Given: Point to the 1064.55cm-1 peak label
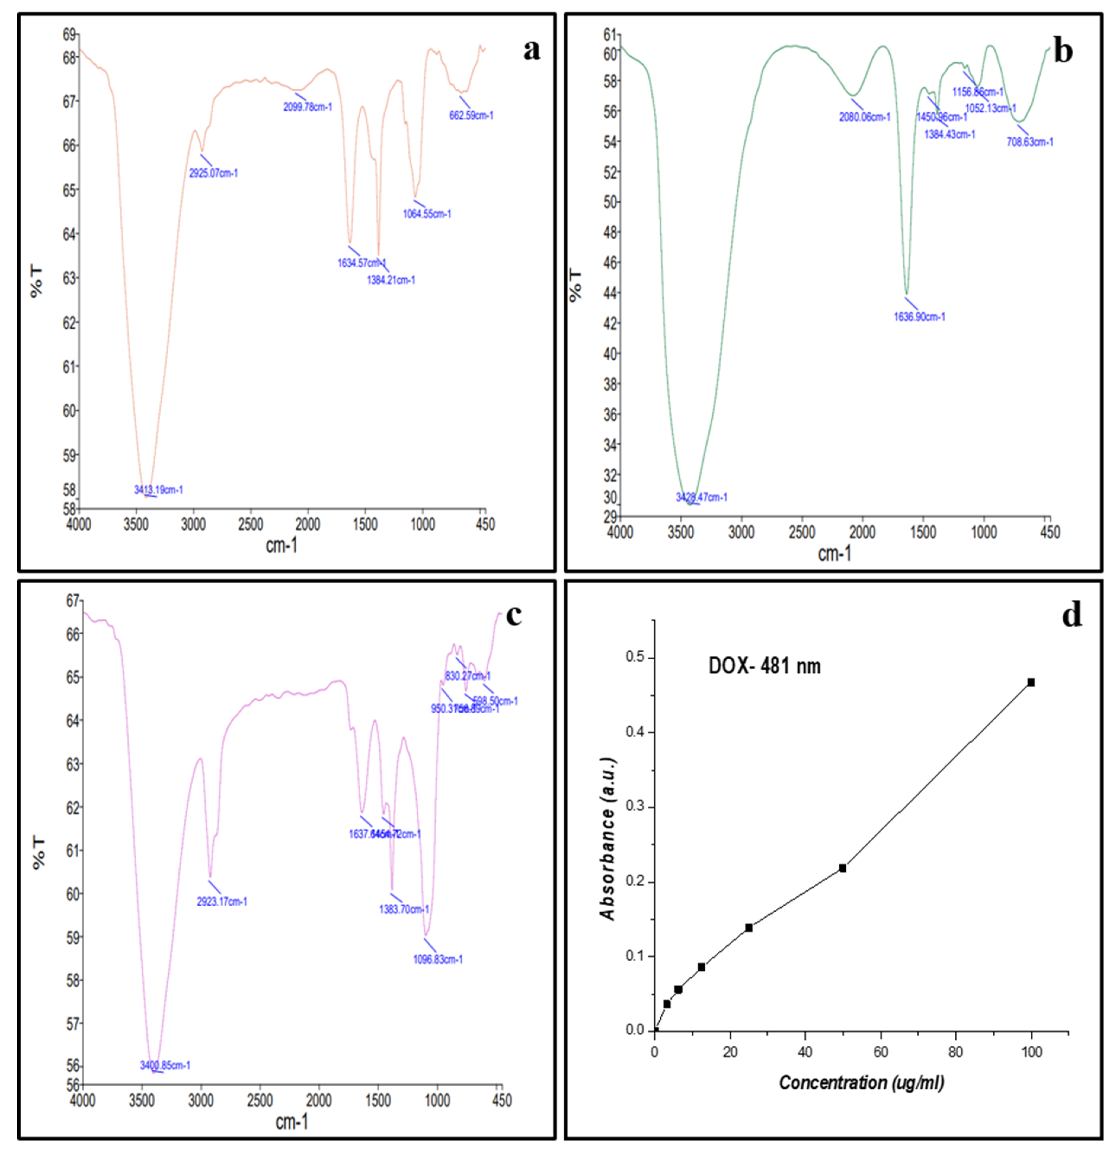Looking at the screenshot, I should (x=427, y=214).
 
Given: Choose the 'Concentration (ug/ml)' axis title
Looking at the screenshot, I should (x=861, y=1082).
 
